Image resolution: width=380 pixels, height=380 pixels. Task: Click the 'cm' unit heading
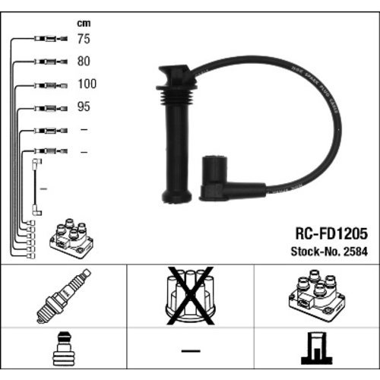(84, 23)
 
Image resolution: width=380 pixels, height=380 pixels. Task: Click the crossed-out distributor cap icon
(190, 296)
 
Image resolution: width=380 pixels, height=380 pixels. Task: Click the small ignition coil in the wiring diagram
(72, 239)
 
